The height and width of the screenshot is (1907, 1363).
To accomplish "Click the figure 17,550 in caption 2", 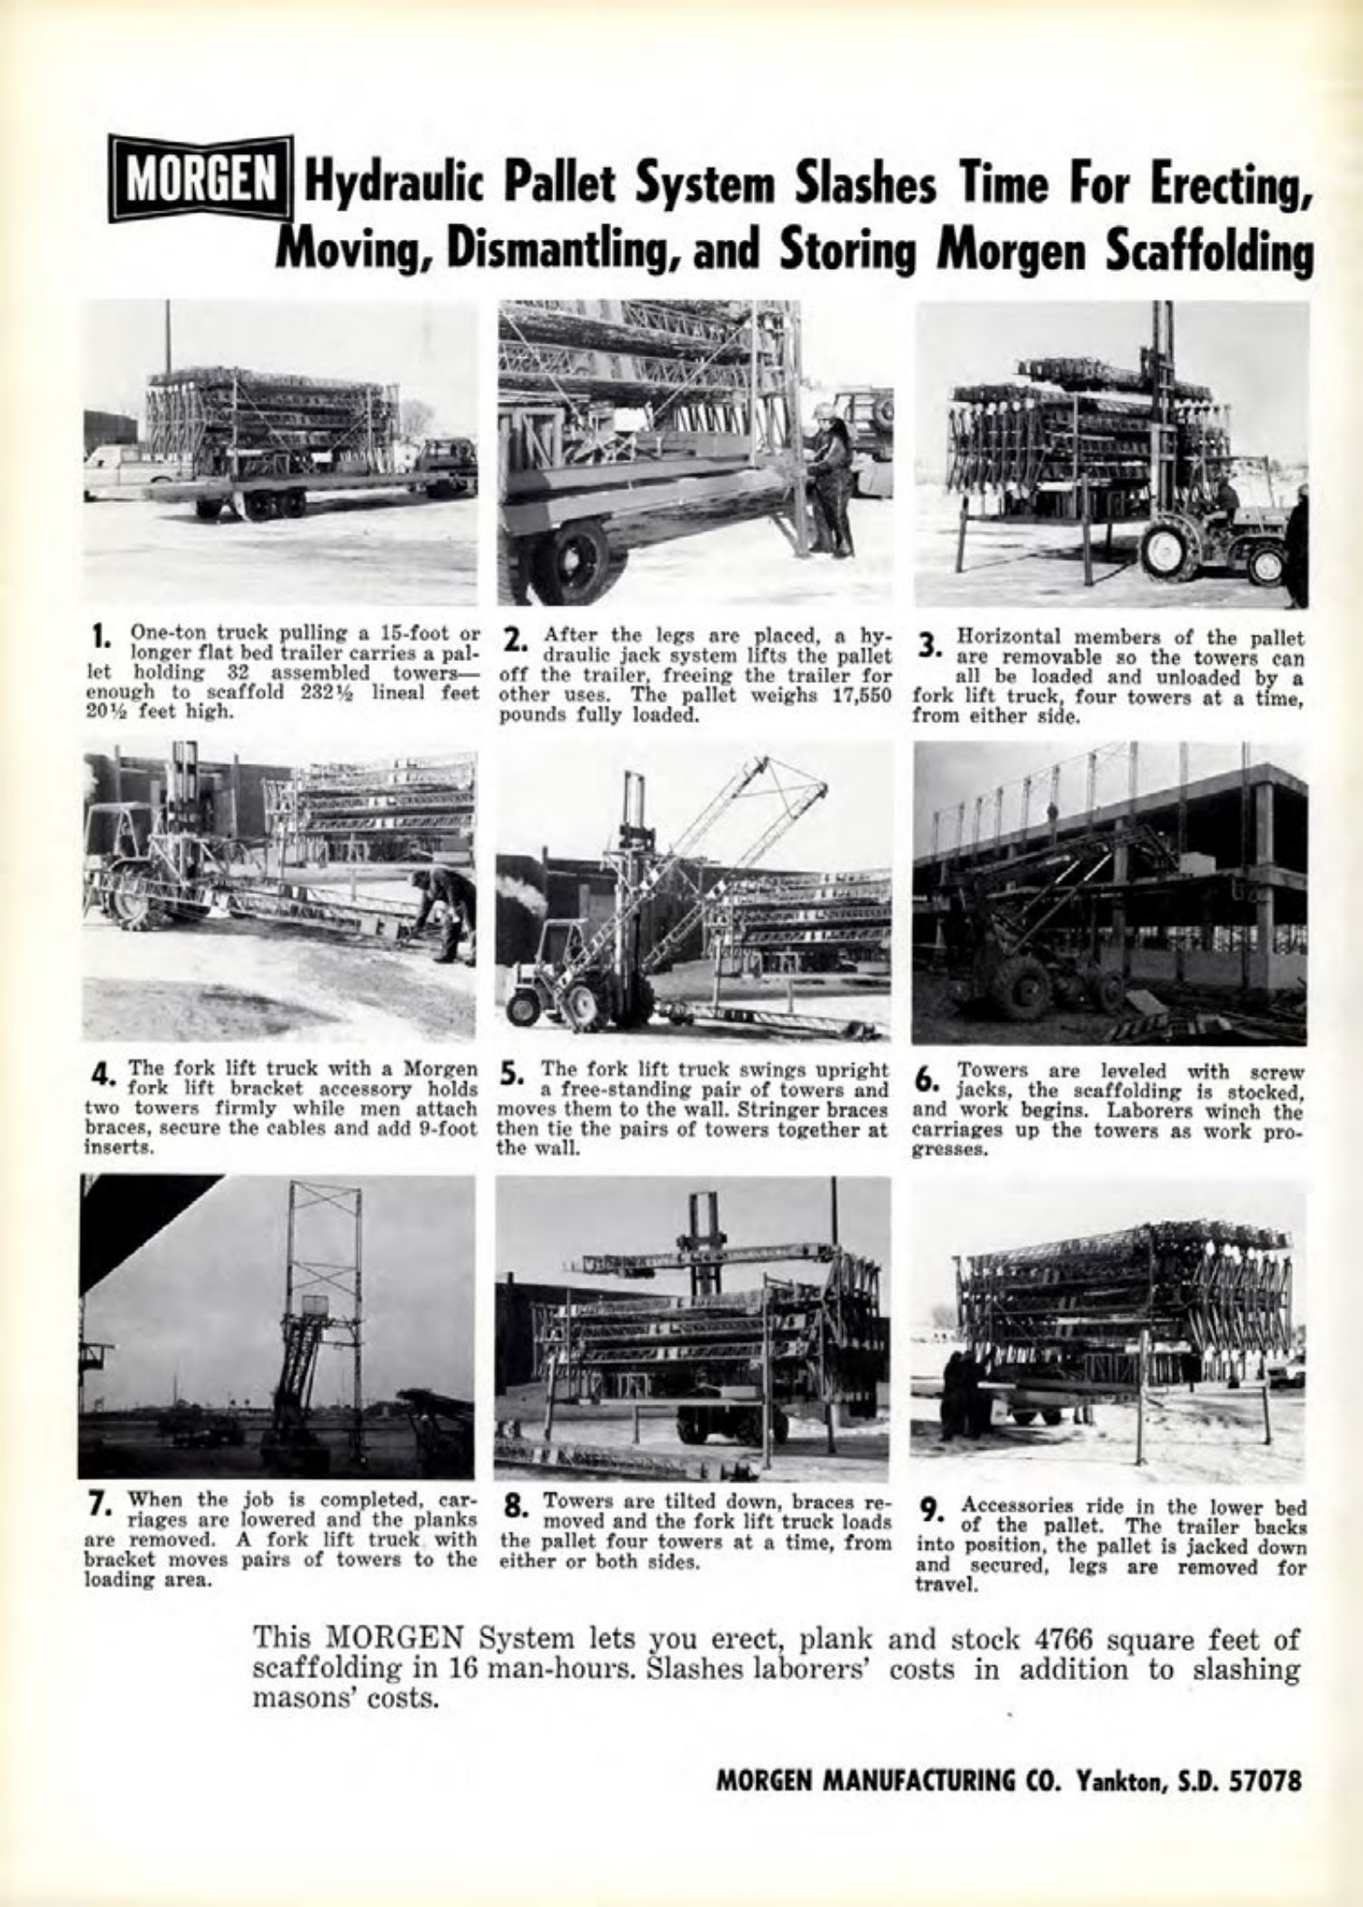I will pos(859,699).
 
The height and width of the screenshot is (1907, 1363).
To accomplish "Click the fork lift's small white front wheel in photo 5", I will pos(525,1009).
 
